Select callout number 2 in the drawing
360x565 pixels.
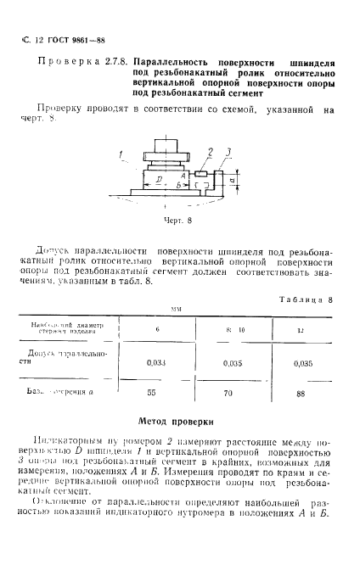pyautogui.click(x=209, y=150)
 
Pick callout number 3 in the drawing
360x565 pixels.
pyautogui.click(x=228, y=152)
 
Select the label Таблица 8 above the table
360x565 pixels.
pyautogui.click(x=309, y=299)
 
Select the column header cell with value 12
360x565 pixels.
pyautogui.click(x=298, y=329)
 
